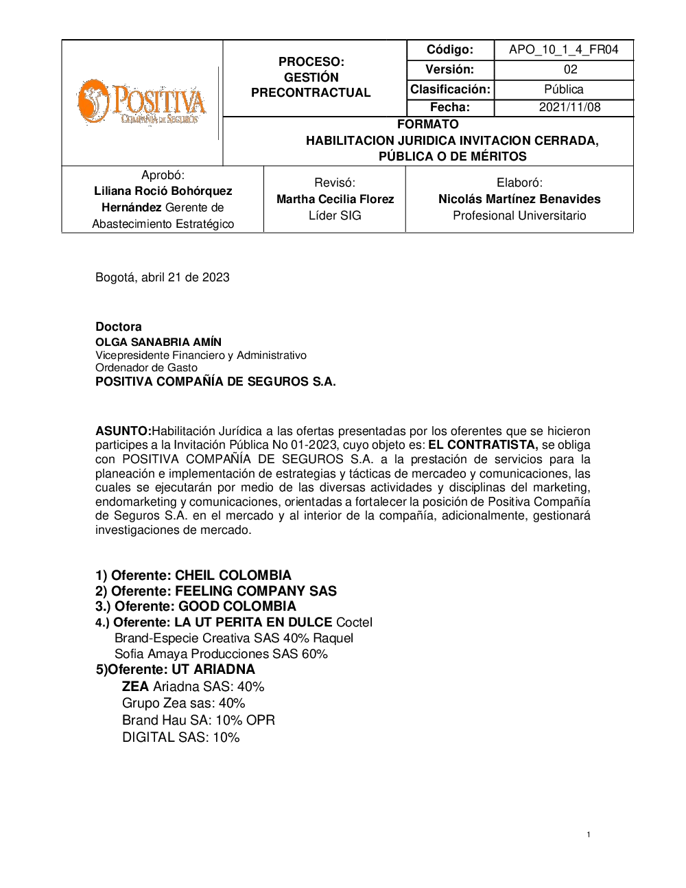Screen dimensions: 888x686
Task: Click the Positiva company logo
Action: [141, 102]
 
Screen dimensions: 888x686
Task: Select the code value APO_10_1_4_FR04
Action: [563, 49]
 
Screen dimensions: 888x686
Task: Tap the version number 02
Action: [570, 69]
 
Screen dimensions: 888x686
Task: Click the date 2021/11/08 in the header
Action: [569, 107]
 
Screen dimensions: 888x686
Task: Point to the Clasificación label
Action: [450, 89]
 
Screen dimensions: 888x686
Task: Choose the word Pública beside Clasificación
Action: [563, 89]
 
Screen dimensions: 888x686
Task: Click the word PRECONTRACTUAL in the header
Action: [311, 93]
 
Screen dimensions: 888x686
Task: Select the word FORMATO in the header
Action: [427, 124]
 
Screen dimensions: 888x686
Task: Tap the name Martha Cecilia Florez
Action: [335, 199]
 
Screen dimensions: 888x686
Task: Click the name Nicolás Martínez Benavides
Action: [519, 199]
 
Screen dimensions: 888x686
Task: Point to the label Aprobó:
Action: [163, 175]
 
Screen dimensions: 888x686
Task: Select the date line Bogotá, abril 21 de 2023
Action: [163, 277]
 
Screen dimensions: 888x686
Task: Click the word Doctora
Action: [119, 327]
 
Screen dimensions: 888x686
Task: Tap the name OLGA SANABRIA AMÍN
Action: [158, 342]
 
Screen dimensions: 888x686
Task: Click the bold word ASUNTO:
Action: [123, 431]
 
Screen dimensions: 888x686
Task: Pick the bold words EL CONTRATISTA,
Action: [483, 445]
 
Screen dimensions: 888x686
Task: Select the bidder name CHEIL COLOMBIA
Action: [233, 575]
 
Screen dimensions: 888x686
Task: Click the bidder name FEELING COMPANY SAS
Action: [256, 591]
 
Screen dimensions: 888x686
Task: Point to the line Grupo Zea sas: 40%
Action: [183, 703]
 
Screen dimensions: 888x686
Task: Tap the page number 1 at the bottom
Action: [589, 834]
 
